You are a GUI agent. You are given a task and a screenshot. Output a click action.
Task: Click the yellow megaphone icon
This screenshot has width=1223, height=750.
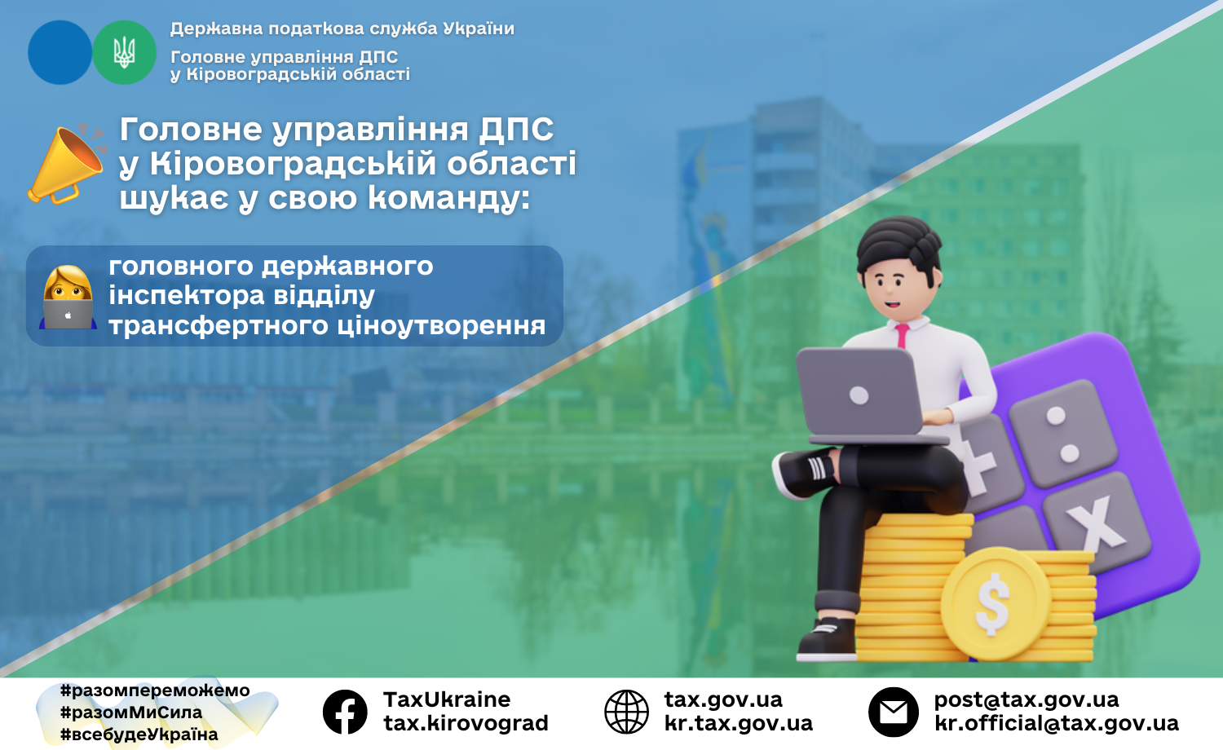click(65, 165)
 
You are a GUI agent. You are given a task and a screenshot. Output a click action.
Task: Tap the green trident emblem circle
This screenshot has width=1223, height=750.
click(125, 52)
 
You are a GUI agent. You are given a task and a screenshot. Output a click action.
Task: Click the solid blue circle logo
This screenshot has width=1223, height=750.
click(60, 52)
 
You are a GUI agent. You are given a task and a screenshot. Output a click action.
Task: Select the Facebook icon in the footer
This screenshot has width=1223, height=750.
click(345, 712)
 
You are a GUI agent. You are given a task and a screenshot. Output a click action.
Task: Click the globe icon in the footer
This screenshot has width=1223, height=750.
click(626, 712)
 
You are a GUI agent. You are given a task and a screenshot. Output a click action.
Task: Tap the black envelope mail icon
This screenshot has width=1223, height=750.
click(894, 712)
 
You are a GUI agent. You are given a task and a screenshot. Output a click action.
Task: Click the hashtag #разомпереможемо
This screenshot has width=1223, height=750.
click(155, 690)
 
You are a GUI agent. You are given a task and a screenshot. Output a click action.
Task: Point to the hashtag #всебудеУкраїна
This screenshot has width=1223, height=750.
click(139, 735)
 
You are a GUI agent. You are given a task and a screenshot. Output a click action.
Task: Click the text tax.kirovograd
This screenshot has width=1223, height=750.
click(466, 723)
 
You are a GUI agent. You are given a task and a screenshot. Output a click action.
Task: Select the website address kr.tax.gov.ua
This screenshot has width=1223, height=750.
click(738, 723)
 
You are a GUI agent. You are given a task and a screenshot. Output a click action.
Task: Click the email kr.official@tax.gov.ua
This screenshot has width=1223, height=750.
click(1057, 723)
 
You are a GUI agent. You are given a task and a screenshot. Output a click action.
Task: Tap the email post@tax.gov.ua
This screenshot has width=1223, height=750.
click(1027, 699)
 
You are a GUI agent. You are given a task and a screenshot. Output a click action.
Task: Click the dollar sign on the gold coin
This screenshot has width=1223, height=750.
click(992, 604)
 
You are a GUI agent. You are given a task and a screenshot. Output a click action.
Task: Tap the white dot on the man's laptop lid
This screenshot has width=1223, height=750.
click(859, 395)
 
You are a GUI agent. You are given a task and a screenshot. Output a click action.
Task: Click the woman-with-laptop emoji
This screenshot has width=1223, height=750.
click(68, 298)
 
